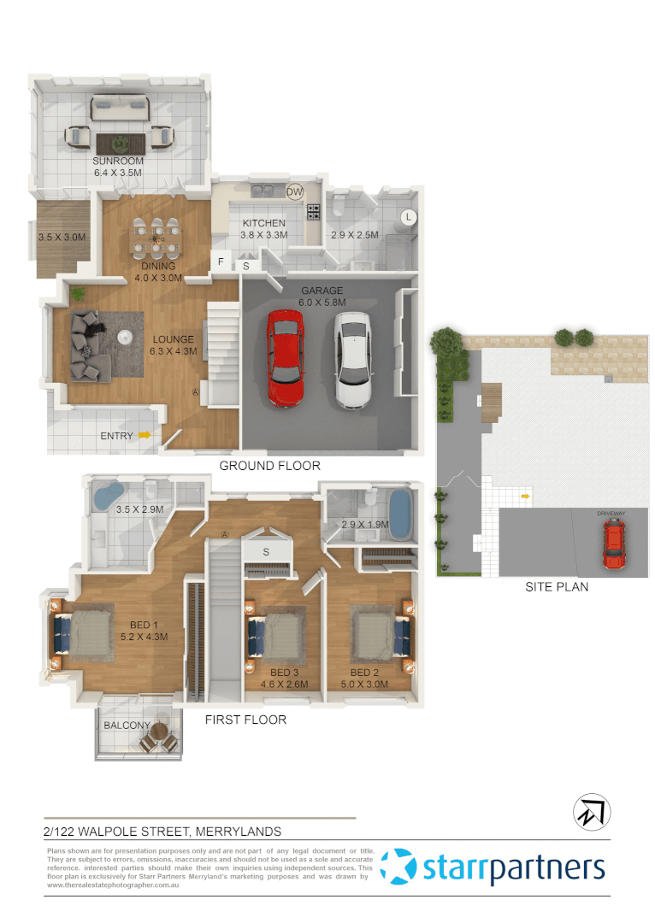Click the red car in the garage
point(285,358)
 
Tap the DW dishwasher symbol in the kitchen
point(295,192)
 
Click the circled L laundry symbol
point(408,217)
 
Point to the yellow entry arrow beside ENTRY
point(145,436)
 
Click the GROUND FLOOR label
point(269,466)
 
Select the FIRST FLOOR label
point(245,720)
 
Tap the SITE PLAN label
point(557,587)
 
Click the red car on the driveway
point(613,544)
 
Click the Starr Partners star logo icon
point(399,867)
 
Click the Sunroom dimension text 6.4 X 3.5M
point(118,173)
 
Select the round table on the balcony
point(159,730)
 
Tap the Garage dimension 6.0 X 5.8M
point(322,303)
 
